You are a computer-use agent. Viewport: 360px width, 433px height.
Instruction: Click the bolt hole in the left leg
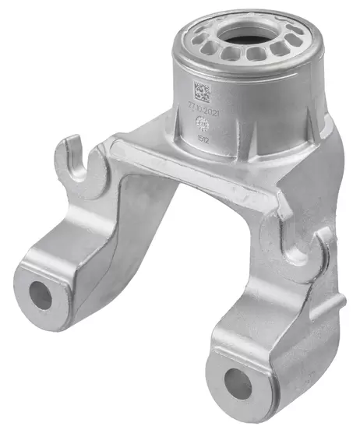click(41, 294)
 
